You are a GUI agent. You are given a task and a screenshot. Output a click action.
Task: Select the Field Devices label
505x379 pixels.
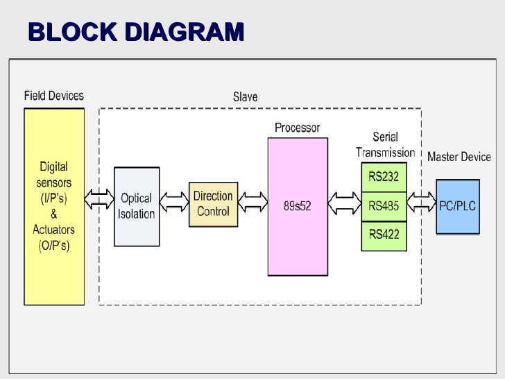[54, 96]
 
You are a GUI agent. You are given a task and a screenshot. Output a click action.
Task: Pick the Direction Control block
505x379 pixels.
[213, 205]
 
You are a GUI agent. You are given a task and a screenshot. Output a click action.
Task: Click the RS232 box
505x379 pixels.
[384, 177]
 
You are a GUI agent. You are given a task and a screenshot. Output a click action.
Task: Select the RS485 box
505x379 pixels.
[384, 205]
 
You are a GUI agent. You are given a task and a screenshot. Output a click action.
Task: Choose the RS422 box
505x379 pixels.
[384, 235]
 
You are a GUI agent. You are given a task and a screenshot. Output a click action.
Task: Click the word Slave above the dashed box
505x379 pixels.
[244, 97]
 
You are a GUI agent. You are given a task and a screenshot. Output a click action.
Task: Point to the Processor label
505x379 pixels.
[297, 128]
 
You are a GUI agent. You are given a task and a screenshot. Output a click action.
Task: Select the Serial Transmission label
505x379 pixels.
[385, 144]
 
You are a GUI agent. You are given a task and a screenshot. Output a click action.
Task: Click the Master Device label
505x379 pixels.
[459, 157]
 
